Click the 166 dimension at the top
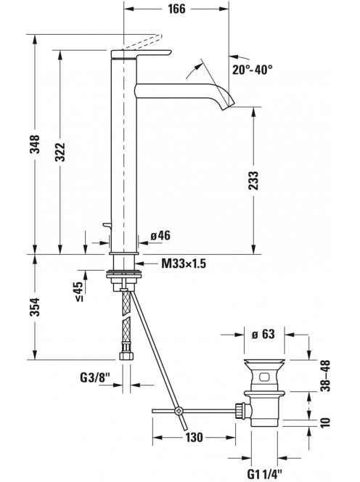point(176,9)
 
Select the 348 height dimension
point(35,144)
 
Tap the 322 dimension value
point(60,152)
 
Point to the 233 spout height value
point(254,180)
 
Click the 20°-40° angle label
point(252,70)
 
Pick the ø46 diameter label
point(160,236)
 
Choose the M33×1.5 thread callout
point(184,264)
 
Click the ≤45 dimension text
point(79,291)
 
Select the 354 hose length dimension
point(35,307)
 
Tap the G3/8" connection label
point(94,377)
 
